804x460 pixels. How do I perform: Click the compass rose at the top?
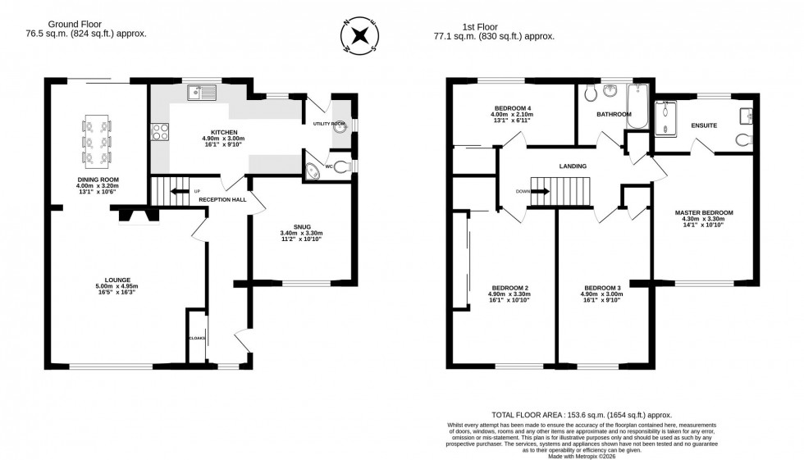pos(359,36)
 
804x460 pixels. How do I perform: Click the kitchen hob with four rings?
pos(160,131)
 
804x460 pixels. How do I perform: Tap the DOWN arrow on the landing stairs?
pos(539,192)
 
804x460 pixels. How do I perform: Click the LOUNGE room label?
pos(116,280)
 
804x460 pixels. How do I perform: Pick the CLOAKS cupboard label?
pos(196,337)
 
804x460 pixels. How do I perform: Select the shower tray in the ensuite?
pos(666,118)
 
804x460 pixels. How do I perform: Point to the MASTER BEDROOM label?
pos(703,212)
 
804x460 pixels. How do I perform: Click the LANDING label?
pos(573,166)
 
